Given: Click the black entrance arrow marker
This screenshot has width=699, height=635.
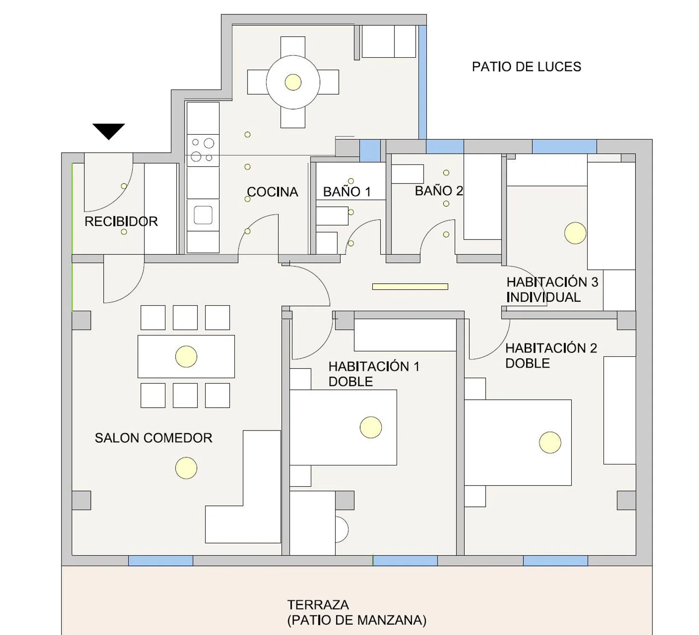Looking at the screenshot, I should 109,131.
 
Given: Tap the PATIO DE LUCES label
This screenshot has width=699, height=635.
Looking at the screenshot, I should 526,67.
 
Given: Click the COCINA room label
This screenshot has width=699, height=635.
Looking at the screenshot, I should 272,192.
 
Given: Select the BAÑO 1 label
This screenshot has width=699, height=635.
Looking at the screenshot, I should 347,192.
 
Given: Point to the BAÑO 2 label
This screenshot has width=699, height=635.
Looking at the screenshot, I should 439,191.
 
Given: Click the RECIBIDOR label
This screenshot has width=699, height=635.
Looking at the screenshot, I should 121,221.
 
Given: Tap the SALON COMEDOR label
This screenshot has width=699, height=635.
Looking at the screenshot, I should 153,438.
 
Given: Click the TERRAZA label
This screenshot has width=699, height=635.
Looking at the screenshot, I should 318,605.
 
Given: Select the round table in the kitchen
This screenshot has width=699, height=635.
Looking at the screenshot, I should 293,82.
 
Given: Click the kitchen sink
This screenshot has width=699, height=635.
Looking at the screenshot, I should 203,215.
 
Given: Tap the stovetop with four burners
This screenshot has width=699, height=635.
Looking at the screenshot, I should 203,150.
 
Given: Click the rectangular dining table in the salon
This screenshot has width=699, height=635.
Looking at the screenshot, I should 186,356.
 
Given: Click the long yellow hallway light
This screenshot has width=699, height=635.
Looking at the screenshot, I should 410,287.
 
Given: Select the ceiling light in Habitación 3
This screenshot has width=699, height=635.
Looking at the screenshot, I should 575,233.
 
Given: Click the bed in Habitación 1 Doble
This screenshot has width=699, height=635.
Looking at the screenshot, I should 343,427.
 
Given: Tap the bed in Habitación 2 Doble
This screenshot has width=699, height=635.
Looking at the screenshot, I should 518,443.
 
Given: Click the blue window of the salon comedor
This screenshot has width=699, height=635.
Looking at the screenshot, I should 160,560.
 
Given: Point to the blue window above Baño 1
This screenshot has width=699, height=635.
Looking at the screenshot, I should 370,150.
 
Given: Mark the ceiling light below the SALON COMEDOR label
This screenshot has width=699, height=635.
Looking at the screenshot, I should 186,468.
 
